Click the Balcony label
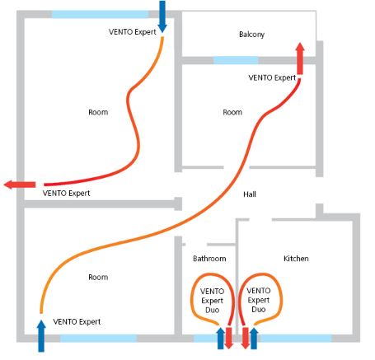[x=251, y=35]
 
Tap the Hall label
[x=250, y=194]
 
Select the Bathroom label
[x=209, y=259]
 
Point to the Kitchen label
[x=296, y=259]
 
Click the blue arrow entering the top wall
[x=162, y=16]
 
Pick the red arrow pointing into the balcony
[x=300, y=58]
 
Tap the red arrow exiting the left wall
[x=20, y=185]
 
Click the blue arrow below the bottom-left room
[x=41, y=335]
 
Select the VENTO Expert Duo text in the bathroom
[x=212, y=301]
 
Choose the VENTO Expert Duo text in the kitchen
[x=259, y=300]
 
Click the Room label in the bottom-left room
[x=98, y=277]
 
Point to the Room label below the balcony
[x=232, y=112]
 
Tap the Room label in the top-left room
[x=98, y=112]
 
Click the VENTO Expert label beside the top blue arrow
[x=133, y=32]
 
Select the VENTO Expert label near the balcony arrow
[x=272, y=77]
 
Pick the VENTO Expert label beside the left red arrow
[x=66, y=194]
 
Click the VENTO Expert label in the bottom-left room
[x=77, y=321]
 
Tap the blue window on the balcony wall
[x=236, y=60]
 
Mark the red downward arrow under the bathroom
[x=229, y=339]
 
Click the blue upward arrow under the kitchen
[x=254, y=339]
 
